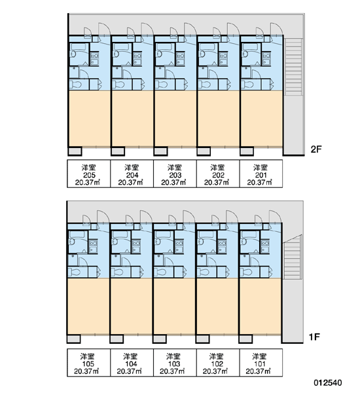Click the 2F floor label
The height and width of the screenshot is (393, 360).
click(x=315, y=149)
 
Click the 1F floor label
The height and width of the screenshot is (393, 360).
click(x=314, y=337)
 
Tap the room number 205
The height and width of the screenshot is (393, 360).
click(x=88, y=175)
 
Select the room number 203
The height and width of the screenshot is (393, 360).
click(x=175, y=175)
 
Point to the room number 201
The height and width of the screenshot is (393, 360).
click(x=261, y=175)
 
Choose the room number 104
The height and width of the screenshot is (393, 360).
click(x=131, y=364)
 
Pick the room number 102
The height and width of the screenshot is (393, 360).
click(x=217, y=364)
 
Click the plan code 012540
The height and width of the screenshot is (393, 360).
click(x=328, y=383)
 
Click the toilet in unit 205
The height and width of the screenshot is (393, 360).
click(x=76, y=84)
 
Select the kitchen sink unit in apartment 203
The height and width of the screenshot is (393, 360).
click(x=181, y=59)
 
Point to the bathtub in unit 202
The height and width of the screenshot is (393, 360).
click(x=207, y=47)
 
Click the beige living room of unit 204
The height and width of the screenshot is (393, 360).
click(x=132, y=119)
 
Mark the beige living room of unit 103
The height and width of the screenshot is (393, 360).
click(x=174, y=306)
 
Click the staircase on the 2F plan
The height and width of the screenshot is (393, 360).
click(x=293, y=67)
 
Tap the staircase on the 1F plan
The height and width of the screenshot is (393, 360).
click(x=291, y=257)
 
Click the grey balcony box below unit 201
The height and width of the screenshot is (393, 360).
click(x=247, y=151)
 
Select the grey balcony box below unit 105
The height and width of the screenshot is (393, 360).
click(x=74, y=339)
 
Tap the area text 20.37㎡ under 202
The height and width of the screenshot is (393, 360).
click(x=217, y=183)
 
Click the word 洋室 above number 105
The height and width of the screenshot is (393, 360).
click(x=88, y=356)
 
